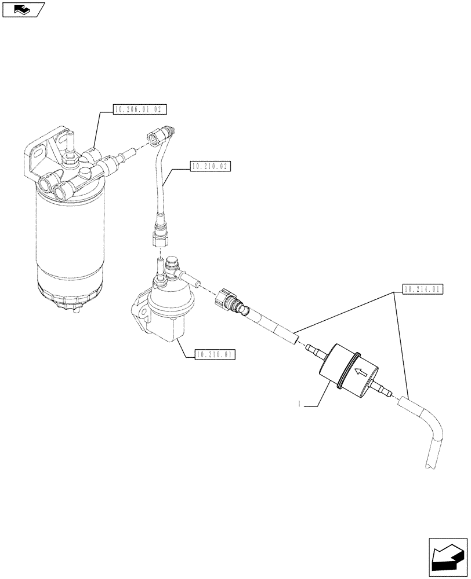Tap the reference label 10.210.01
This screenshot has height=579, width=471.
coord(215,354)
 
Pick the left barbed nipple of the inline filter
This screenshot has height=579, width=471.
coord(314,349)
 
